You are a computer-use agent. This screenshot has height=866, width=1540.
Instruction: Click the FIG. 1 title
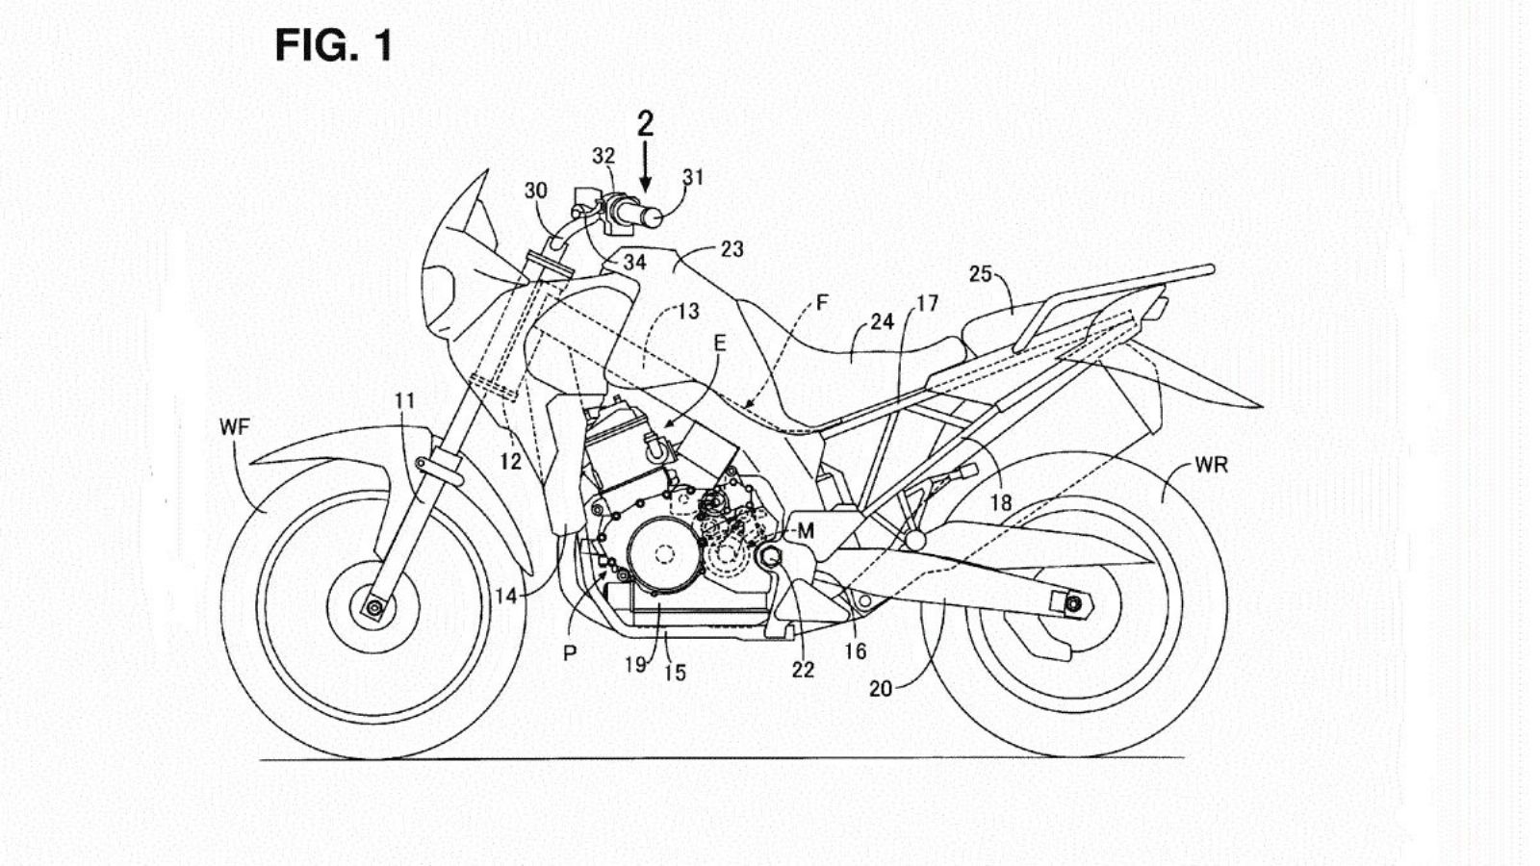334,45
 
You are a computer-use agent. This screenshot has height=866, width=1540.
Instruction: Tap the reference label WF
234,426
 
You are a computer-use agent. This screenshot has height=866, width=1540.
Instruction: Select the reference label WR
1211,466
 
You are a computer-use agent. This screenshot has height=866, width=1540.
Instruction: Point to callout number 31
693,177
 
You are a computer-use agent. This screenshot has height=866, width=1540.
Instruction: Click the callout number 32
603,156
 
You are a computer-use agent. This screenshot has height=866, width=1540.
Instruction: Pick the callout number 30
535,191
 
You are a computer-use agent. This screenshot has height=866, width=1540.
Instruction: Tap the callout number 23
731,249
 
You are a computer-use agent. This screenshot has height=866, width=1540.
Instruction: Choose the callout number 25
980,274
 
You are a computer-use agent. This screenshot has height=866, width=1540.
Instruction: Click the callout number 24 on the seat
882,322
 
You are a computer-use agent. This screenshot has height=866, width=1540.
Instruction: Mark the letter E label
719,344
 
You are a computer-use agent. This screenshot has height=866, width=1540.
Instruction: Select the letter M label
805,530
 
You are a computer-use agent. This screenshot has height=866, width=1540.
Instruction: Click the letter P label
570,653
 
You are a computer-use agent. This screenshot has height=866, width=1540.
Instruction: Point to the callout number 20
881,689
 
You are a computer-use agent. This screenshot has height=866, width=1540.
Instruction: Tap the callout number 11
404,400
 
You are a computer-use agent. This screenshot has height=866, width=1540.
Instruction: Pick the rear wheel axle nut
1073,603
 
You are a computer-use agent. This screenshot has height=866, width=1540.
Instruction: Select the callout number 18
1001,503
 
